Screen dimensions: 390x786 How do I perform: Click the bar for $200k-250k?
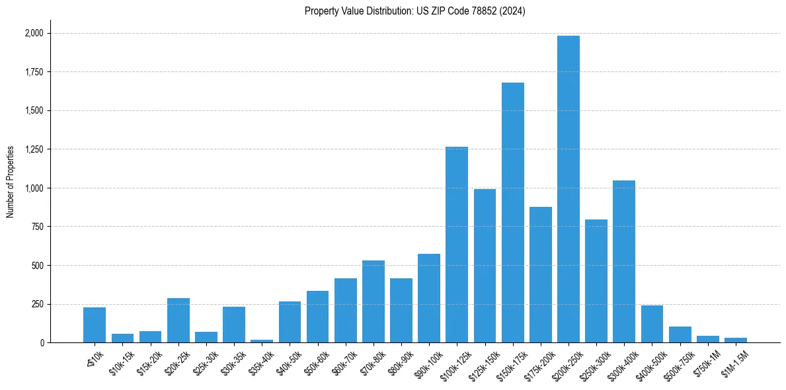[569, 189]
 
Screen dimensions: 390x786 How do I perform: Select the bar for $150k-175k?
[513, 212]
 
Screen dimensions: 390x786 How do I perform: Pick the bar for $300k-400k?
[624, 261]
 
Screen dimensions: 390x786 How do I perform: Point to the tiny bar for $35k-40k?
[262, 341]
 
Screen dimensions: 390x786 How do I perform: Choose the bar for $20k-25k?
[178, 321]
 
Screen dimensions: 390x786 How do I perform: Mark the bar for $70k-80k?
[373, 301]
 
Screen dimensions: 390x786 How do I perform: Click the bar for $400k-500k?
[652, 324]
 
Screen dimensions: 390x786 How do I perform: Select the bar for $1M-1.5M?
[736, 340]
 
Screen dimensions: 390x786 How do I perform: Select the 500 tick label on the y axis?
[38, 266]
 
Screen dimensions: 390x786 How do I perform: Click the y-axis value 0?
[42, 343]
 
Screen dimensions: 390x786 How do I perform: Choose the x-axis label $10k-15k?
[121, 362]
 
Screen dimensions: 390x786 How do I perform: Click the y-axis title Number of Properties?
[10, 182]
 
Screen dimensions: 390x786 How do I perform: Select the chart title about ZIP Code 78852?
[415, 11]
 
